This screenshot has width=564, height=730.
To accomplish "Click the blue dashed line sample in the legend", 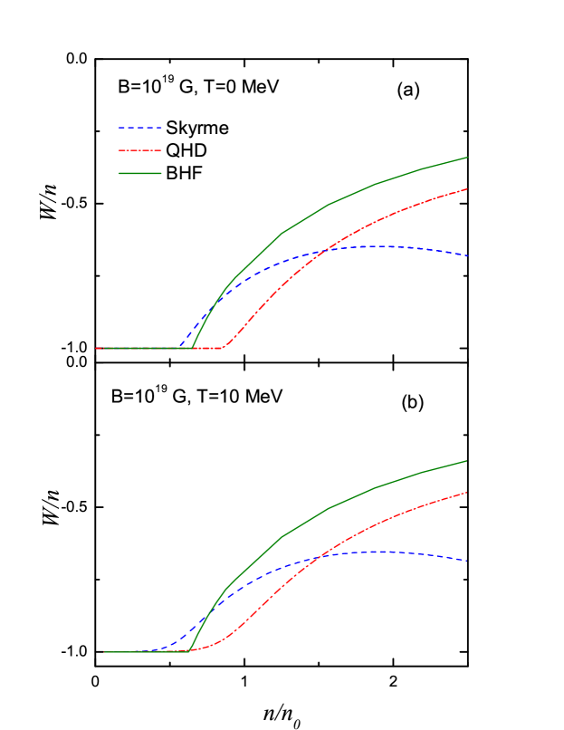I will point(140,128).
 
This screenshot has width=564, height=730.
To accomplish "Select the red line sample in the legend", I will point(140,150).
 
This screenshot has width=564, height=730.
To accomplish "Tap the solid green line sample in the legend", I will point(140,173).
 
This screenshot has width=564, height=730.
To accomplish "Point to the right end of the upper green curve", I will point(467,158).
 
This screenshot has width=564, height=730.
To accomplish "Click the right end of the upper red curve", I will point(467,189).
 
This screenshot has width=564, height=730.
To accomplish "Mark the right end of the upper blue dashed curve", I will point(467,255).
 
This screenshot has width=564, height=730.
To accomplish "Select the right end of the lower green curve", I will point(466,461).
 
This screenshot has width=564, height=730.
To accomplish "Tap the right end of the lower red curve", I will point(466,493).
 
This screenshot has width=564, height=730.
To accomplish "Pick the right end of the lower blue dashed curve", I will point(466,561).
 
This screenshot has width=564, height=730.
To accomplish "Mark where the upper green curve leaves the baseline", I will point(193,348).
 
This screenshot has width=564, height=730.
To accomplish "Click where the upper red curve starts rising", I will point(224,347).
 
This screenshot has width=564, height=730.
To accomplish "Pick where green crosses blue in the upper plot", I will point(212,306).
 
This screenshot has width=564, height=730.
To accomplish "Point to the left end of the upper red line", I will point(97,348).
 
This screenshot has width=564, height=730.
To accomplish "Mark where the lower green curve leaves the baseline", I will point(189,650).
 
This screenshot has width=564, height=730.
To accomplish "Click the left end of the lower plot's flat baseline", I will point(104,652).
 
